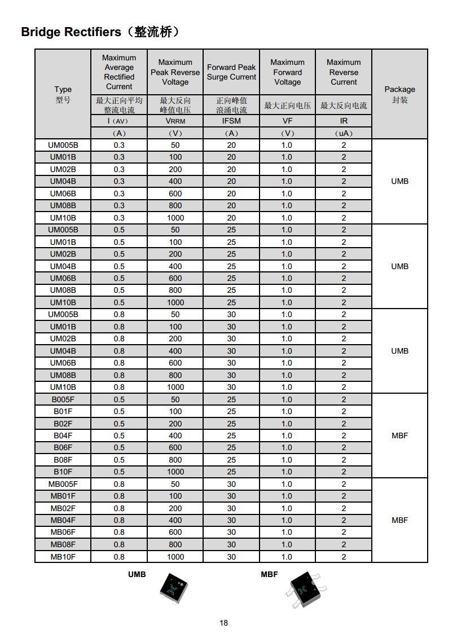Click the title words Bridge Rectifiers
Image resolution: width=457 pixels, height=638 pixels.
pos(71,32)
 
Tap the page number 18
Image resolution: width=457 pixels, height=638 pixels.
pos(224,623)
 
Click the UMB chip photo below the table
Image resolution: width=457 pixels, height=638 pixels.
pos(173,589)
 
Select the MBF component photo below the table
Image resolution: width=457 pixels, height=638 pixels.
pos(304,589)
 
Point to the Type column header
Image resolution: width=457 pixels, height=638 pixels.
pos(63,89)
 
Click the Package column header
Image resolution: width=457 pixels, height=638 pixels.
pos(399,89)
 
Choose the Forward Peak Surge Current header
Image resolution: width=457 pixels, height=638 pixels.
pos(231,72)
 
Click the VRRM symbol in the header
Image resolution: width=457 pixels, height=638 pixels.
pos(175,121)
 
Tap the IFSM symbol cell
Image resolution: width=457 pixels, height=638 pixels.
pos(231,121)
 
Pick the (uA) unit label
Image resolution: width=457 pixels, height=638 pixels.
pos(344,133)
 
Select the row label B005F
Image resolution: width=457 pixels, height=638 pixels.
pos(63,399)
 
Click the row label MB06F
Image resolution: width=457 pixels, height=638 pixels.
pos(63,532)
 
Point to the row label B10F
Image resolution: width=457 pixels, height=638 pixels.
pos(63,472)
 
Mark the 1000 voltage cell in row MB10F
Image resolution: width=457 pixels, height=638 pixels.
pos(175,557)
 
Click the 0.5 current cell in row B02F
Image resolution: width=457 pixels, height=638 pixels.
pos(119,424)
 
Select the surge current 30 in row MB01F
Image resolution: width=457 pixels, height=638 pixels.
pos(231,496)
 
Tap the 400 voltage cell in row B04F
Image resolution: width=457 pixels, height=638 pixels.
pos(175,435)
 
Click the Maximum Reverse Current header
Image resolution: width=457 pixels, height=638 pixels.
pos(344,72)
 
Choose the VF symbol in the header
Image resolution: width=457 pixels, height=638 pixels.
pos(287,121)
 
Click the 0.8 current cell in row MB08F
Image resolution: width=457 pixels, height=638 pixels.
pos(119,544)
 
